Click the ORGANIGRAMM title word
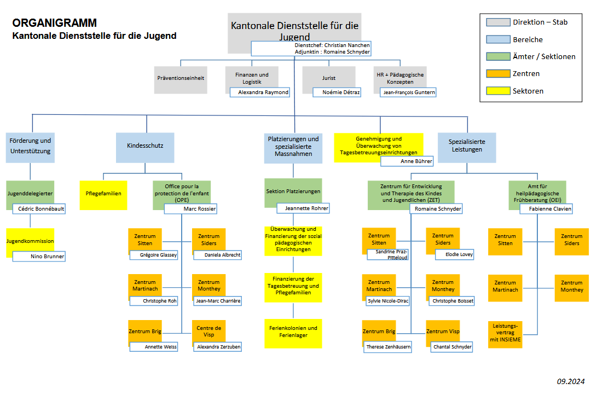pyautogui.click(x=54, y=23)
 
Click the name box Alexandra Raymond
pyautogui.click(x=259, y=92)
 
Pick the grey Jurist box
pyautogui.click(x=328, y=78)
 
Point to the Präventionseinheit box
pyautogui.click(x=180, y=78)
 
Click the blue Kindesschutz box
pyautogui.click(x=145, y=147)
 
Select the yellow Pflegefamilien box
pyautogui.click(x=103, y=194)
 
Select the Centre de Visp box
pyautogui.click(x=208, y=331)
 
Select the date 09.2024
pyautogui.click(x=571, y=381)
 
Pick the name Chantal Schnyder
pyautogui.click(x=451, y=347)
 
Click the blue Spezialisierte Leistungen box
pyautogui.click(x=467, y=146)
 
